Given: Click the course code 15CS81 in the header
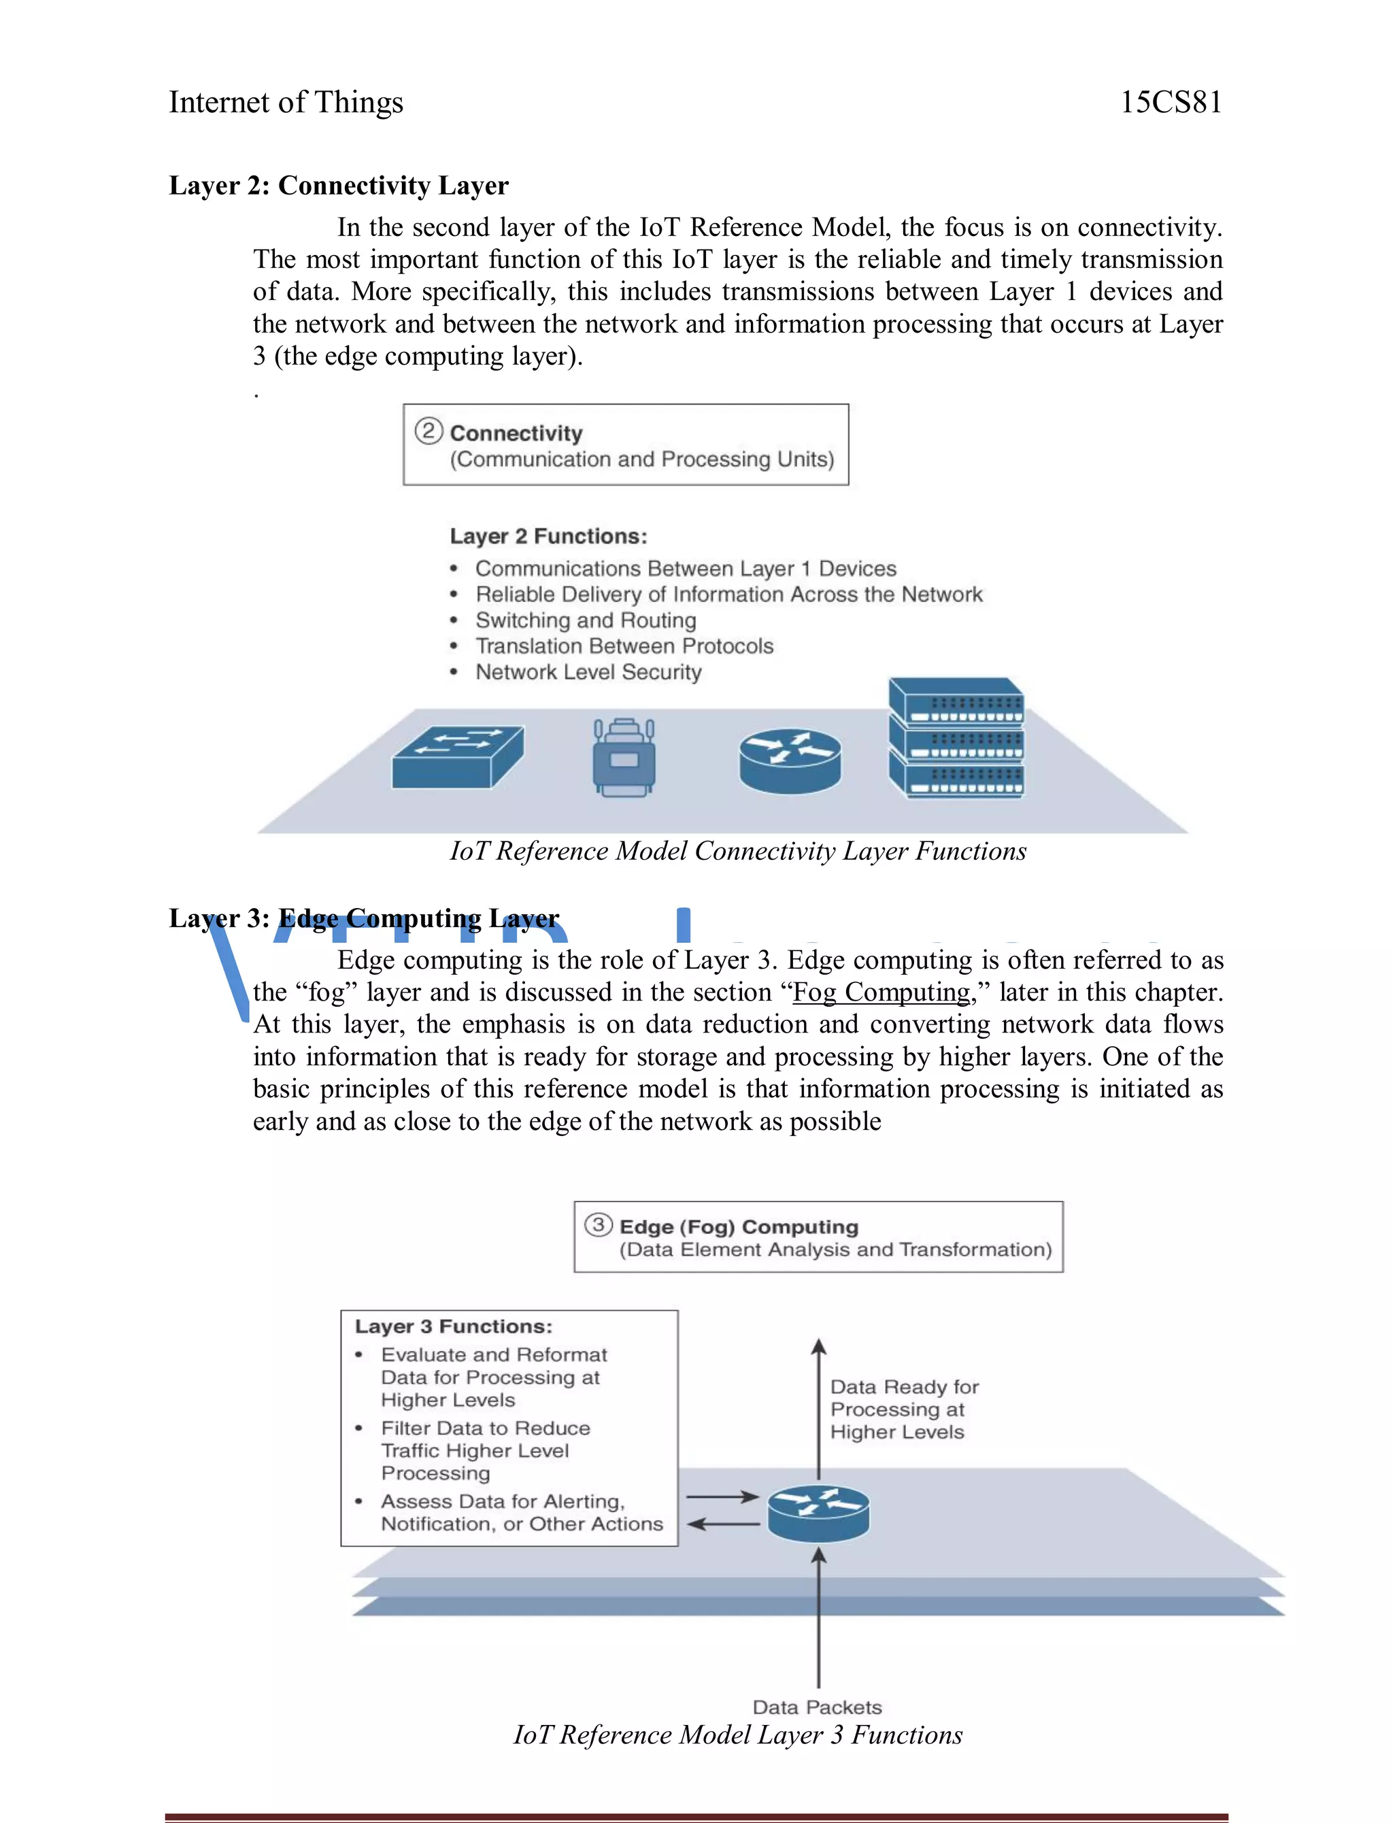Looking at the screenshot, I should pyautogui.click(x=1170, y=102).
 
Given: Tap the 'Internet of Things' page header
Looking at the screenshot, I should pyautogui.click(x=286, y=102).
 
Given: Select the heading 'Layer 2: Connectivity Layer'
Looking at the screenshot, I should pyautogui.click(x=338, y=185).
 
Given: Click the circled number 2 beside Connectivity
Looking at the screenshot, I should pyautogui.click(x=428, y=431).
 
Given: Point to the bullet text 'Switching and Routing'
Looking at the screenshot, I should pyautogui.click(x=586, y=620).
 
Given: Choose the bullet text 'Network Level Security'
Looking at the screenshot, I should pyautogui.click(x=588, y=671).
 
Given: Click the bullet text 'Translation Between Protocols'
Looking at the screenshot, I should pyautogui.click(x=624, y=646).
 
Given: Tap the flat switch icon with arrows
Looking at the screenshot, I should pyautogui.click(x=458, y=756).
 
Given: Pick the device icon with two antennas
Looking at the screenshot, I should pyautogui.click(x=624, y=758).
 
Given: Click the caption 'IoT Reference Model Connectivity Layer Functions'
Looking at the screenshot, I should pyautogui.click(x=737, y=850).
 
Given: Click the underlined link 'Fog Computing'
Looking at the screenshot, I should pyautogui.click(x=881, y=992).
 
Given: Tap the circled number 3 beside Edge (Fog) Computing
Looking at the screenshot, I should pyautogui.click(x=598, y=1225).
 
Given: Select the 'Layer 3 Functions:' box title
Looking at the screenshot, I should pyautogui.click(x=453, y=1326).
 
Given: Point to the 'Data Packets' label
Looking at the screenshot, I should pyautogui.click(x=817, y=1707).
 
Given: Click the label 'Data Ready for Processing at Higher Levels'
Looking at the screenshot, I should pyautogui.click(x=903, y=1409).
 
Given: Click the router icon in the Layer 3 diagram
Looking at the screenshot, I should pyautogui.click(x=818, y=1512).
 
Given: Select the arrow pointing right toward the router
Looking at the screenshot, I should pyautogui.click(x=722, y=1496).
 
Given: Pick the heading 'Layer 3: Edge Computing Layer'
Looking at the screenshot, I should pyautogui.click(x=364, y=918).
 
